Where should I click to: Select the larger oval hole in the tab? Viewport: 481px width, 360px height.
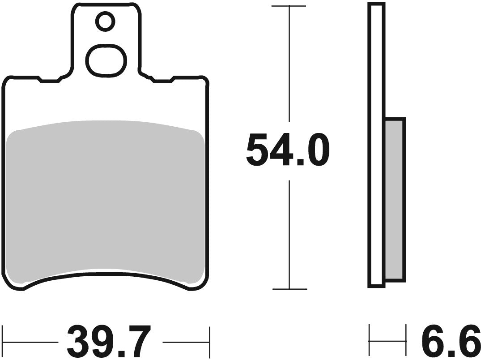coord(106,60)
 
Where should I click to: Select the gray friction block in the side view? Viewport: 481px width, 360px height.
coord(395,199)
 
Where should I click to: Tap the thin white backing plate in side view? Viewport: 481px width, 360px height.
coord(376,143)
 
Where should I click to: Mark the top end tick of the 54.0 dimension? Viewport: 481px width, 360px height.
coord(289,6)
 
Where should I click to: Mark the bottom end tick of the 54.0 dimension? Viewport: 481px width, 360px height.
coord(289,289)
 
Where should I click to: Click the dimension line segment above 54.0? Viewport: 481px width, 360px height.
coord(289,63)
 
